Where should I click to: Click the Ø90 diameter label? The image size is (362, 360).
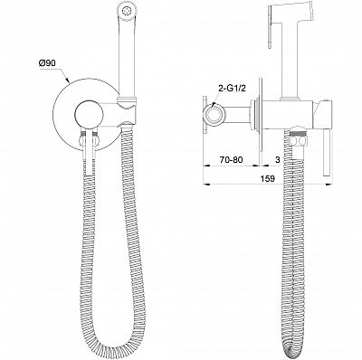[47, 63]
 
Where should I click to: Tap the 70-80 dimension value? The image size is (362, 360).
[232, 159]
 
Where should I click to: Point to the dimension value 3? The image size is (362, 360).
[278, 159]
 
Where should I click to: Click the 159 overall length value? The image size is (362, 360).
[268, 179]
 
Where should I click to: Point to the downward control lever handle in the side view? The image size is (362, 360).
[326, 152]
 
